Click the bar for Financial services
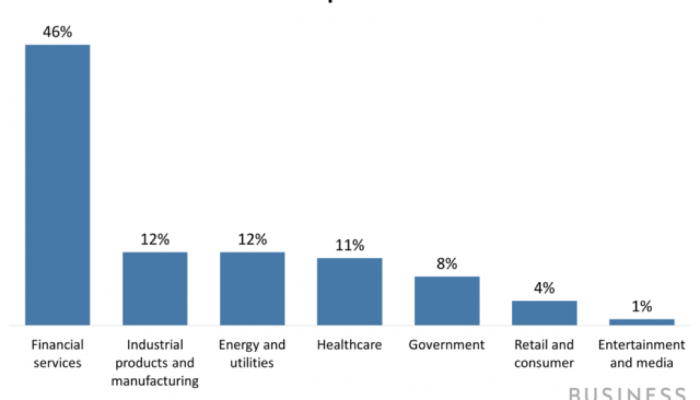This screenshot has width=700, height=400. point(57,185)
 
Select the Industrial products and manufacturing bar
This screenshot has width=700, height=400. point(155,288)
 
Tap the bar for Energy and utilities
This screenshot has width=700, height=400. point(252,288)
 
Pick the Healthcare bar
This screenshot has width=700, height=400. point(349,291)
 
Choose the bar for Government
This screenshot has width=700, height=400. point(447,301)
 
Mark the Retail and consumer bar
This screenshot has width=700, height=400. point(544,313)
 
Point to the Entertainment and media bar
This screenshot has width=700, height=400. point(641,322)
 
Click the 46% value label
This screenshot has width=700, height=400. point(57,32)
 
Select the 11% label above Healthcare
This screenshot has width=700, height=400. point(349,245)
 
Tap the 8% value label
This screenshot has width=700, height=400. point(447,263)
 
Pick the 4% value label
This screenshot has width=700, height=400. point(544,288)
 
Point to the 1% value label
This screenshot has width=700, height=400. point(641,307)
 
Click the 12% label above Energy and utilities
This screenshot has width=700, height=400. point(252,239)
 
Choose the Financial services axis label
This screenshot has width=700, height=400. point(57,354)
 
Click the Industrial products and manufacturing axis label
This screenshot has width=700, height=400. point(155,363)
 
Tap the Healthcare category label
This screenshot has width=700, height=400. point(349,345)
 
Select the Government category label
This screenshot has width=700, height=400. point(447,345)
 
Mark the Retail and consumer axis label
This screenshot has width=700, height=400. point(544,354)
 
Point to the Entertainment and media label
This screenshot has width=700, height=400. point(641,354)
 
